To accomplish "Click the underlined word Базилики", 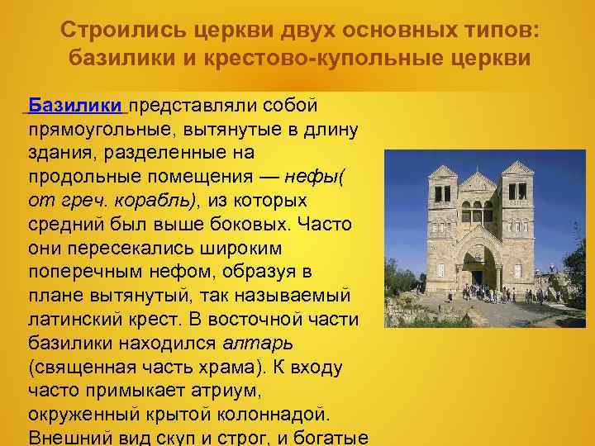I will [x=75, y=107].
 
